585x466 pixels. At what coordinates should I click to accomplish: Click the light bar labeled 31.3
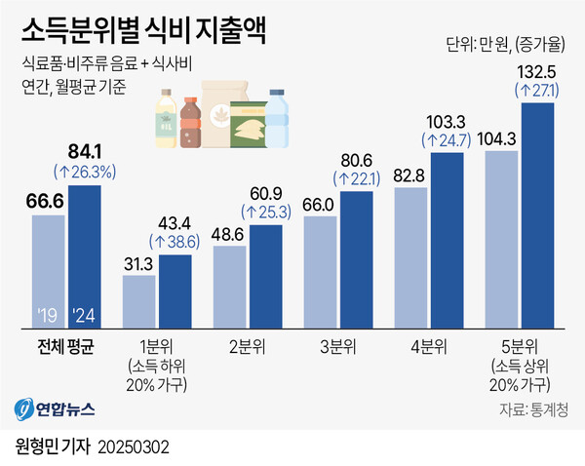pos(138,302)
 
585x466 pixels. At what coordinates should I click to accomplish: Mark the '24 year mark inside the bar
pos(85,317)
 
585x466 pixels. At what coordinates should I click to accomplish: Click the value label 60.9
pos(266,190)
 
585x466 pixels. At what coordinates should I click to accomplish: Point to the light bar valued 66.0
pos(320,272)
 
